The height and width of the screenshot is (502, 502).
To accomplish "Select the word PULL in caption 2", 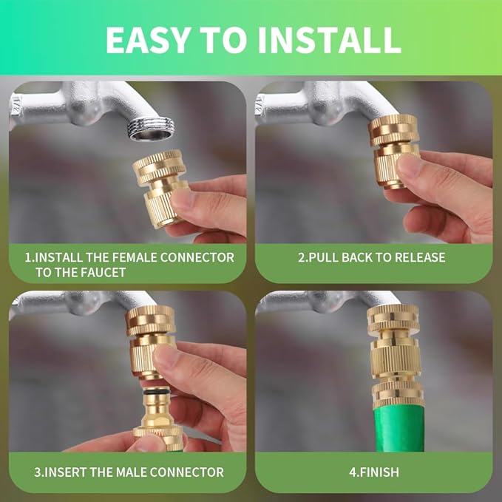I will click(326, 257).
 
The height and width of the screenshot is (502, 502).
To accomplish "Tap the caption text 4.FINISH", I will click(373, 472).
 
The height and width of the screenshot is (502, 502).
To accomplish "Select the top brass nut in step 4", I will click(393, 317).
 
